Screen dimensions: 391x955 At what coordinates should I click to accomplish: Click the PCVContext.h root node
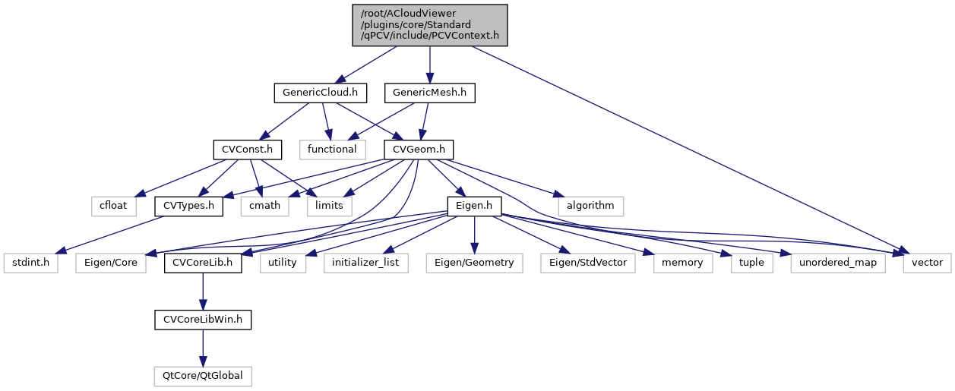point(430,25)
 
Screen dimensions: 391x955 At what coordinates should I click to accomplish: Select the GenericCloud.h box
point(320,93)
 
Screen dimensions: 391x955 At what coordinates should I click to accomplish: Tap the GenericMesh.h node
point(430,93)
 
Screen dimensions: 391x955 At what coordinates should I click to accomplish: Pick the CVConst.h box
point(247,150)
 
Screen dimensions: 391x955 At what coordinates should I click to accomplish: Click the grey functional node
point(332,150)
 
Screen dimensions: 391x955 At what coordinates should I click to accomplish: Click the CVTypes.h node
point(188,206)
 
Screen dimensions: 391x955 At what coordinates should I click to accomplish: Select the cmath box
point(265,206)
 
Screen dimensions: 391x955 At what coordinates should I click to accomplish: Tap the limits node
point(329,206)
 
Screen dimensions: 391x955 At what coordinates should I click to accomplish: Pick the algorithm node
point(590,206)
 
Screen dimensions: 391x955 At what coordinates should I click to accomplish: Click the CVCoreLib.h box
point(202,263)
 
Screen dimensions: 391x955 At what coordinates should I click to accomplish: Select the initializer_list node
point(366,263)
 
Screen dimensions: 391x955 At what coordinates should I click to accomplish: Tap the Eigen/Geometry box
point(474,263)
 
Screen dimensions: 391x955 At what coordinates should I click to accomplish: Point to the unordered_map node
point(838,263)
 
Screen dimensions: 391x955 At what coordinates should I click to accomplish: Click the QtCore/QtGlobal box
point(202,376)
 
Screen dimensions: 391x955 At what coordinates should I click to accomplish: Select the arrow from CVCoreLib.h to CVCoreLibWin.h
point(202,292)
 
